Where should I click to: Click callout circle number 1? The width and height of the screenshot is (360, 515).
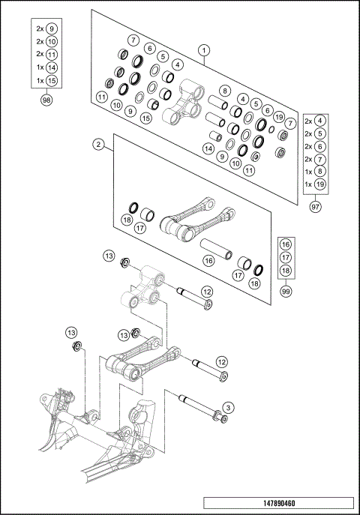(x=203, y=49)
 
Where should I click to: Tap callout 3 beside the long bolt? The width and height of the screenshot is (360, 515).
(x=228, y=407)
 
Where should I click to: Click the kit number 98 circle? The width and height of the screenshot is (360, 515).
(x=46, y=100)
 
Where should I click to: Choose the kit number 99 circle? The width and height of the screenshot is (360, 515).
(x=284, y=290)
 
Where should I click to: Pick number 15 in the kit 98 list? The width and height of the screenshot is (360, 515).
(x=51, y=79)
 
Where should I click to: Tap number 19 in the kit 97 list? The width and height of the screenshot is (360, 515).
(x=320, y=184)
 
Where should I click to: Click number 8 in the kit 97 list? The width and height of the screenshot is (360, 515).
(x=320, y=171)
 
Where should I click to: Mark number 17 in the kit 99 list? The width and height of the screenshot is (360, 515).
(x=284, y=257)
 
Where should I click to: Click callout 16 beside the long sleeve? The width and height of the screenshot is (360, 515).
(x=209, y=259)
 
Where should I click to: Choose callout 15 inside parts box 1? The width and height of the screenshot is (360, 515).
(x=146, y=118)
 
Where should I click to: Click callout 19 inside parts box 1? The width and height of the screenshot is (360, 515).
(x=278, y=117)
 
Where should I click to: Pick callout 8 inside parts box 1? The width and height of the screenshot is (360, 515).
(x=224, y=91)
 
